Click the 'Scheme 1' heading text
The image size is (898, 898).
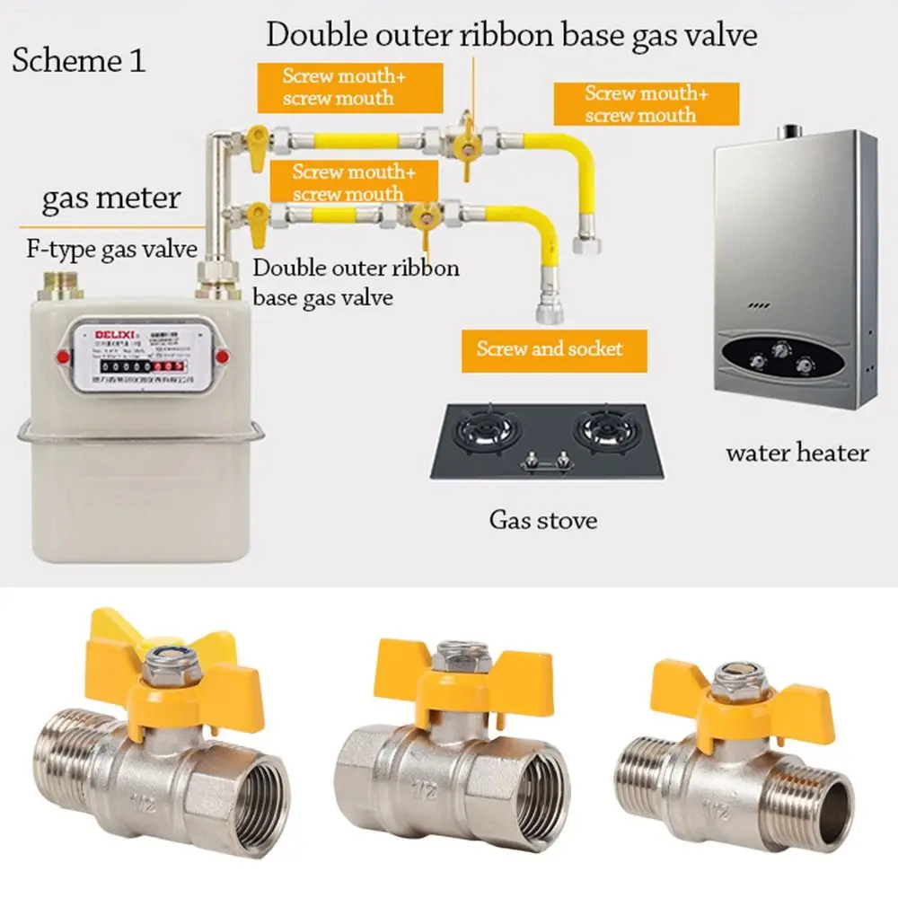click(79, 61)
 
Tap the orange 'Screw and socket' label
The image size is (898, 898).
click(550, 348)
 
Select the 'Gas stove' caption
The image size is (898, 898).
click(542, 519)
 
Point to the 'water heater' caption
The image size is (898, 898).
click(797, 453)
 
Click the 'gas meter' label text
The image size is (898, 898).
click(111, 197)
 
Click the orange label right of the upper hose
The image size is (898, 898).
click(646, 104)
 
